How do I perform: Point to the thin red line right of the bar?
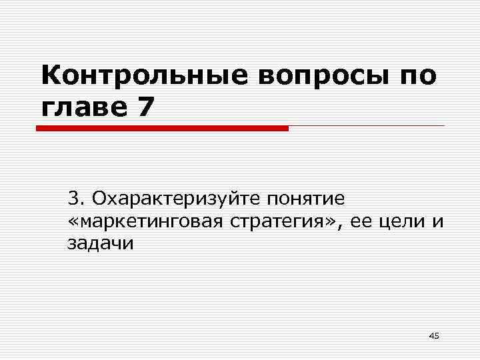point(367,125)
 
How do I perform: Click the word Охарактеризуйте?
point(177,199)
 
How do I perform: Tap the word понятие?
point(306,199)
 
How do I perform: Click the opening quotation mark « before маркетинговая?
point(72,222)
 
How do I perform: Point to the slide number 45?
point(433,335)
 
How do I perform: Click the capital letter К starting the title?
point(50,77)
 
